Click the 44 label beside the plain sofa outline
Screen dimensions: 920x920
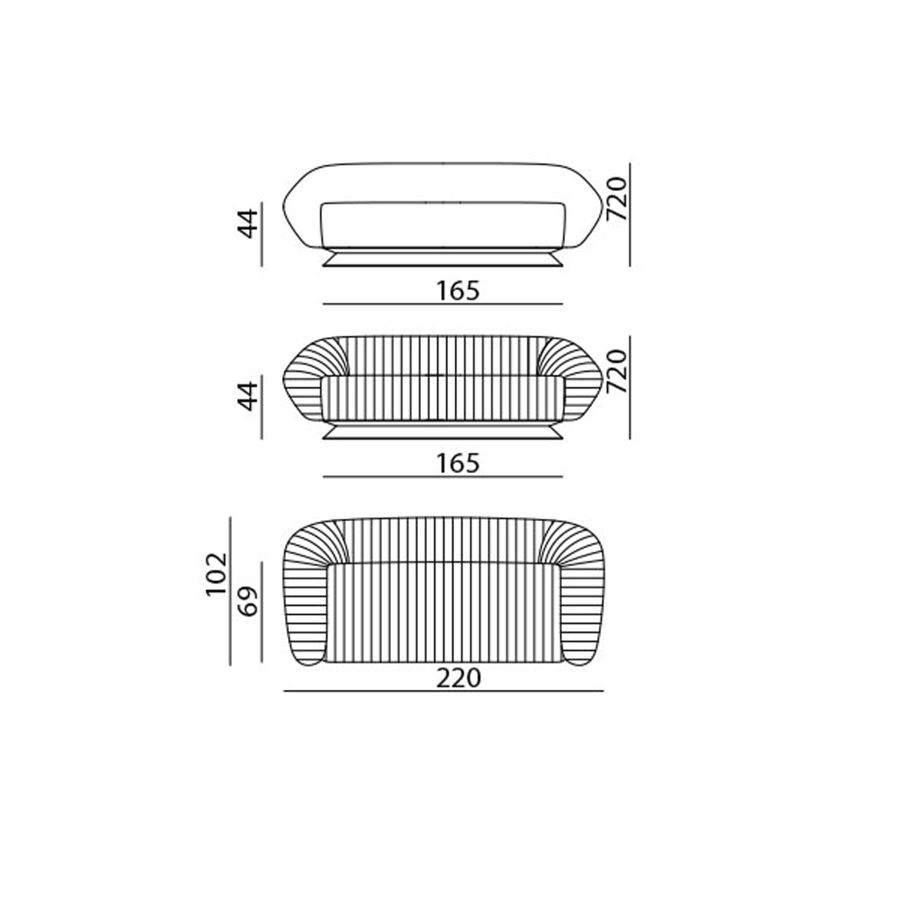[x=248, y=223]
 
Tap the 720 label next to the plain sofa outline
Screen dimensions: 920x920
[x=616, y=199]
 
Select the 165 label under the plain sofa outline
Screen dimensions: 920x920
[x=458, y=291]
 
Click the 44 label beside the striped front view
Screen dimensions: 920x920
[x=248, y=396]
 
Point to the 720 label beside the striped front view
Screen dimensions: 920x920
[x=616, y=371]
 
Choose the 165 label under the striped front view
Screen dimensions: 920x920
[x=458, y=464]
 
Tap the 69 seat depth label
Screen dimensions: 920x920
[x=248, y=601]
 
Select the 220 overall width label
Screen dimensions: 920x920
[x=458, y=678]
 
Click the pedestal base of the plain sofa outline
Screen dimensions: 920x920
[x=443, y=258]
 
